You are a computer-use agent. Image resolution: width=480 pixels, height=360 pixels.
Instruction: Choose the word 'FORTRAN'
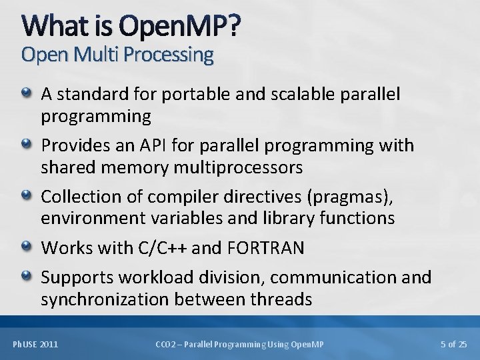(x=265, y=249)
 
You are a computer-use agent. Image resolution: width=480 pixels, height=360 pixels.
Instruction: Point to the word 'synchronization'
(x=109, y=300)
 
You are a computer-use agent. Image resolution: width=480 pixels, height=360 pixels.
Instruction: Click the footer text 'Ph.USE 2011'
(x=35, y=344)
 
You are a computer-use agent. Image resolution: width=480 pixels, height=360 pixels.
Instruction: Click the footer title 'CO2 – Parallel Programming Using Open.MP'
(x=239, y=344)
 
